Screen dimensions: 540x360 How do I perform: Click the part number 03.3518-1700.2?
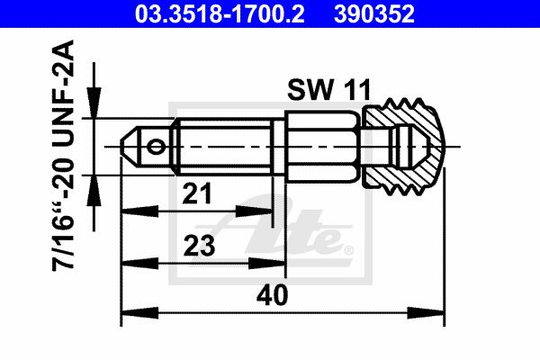tap(220, 13)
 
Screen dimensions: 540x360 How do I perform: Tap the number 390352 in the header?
tap(374, 13)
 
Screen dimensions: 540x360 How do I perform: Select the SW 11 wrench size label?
tap(328, 90)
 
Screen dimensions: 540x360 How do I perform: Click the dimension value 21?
tap(197, 193)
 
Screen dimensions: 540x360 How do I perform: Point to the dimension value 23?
tap(199, 246)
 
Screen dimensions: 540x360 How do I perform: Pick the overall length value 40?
tap(272, 295)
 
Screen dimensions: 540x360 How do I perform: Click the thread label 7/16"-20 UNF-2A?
tap(63, 156)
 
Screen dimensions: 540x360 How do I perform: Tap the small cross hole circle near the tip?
tap(156, 147)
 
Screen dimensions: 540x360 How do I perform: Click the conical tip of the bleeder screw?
tap(129, 147)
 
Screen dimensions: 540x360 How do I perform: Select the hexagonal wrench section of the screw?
tap(323, 147)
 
